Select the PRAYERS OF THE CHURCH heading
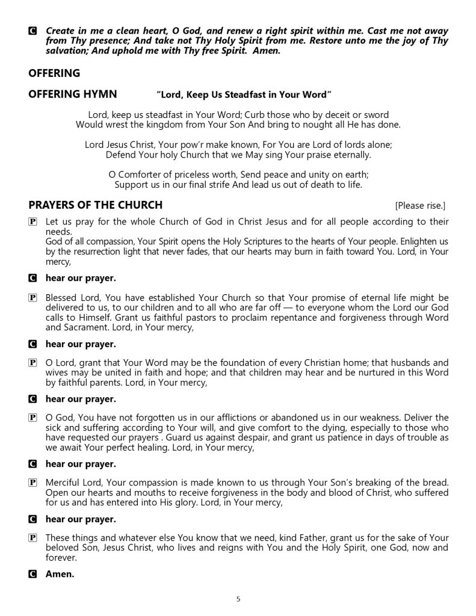(x=95, y=205)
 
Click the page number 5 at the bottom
(x=238, y=599)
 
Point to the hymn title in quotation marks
(x=244, y=94)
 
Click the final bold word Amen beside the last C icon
(x=60, y=574)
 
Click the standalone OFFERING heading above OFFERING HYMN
(x=54, y=73)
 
